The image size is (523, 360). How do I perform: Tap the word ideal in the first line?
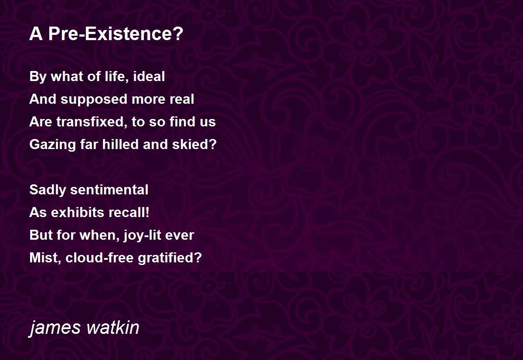point(149,76)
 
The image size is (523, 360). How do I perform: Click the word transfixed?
point(92,122)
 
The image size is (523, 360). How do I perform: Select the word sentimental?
point(109,190)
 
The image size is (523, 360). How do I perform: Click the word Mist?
point(44,258)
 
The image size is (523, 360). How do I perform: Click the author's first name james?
point(55,328)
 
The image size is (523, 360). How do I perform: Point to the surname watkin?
point(113,327)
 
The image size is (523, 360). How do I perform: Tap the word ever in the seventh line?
point(180,235)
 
